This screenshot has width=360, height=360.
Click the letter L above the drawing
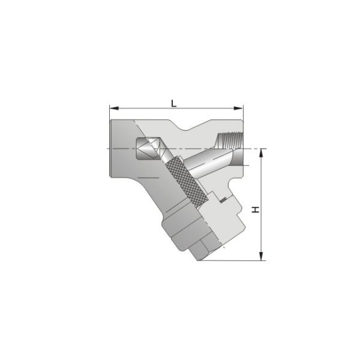point(174,103)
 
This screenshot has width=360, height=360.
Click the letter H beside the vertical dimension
point(255,209)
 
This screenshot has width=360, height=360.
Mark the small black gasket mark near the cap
point(221,199)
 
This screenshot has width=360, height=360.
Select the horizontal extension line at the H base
point(234,261)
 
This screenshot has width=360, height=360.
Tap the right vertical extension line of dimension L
point(243,120)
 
